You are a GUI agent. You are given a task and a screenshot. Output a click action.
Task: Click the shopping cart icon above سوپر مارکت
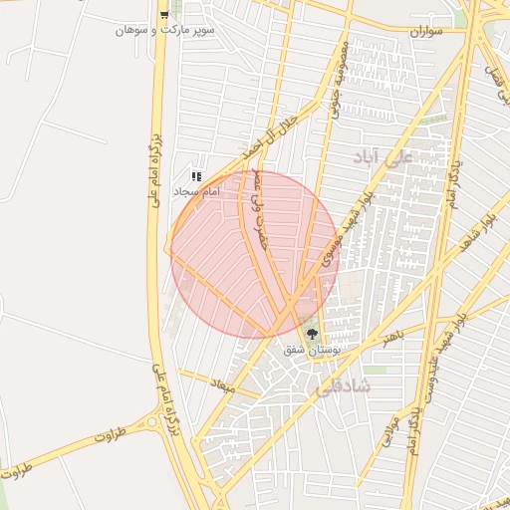pyautogui.click(x=163, y=14)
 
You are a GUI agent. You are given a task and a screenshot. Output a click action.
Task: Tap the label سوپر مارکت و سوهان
pyautogui.click(x=164, y=31)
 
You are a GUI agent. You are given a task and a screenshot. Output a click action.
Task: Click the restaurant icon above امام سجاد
pyautogui.click(x=197, y=176)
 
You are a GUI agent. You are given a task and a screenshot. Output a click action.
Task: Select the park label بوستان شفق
pyautogui.click(x=313, y=351)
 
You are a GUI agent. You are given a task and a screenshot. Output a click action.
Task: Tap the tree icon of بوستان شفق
pyautogui.click(x=313, y=335)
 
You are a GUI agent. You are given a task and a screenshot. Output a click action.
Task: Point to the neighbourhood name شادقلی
pyautogui.click(x=341, y=386)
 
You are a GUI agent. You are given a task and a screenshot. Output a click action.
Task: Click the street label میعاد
pyautogui.click(x=221, y=383)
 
